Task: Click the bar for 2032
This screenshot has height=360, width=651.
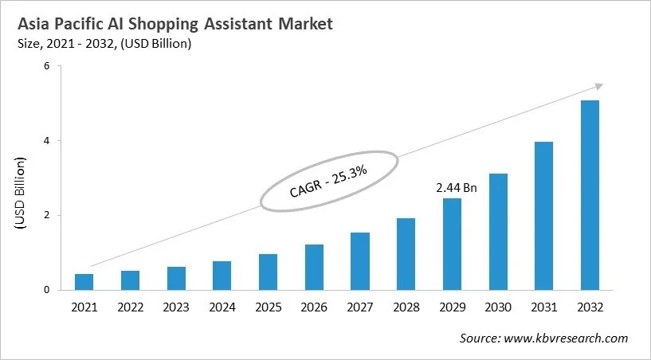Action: (x=590, y=195)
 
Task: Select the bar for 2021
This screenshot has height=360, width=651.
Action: (x=84, y=282)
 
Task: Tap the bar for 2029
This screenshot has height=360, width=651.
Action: (x=452, y=244)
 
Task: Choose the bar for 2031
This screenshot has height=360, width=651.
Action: (x=543, y=216)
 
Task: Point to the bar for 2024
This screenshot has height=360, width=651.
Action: (x=222, y=276)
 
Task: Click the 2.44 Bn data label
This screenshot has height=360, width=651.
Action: (x=457, y=188)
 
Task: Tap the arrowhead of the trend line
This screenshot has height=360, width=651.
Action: (x=599, y=86)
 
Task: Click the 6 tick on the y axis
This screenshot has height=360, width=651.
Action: (x=46, y=66)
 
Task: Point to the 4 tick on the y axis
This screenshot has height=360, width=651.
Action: (x=46, y=141)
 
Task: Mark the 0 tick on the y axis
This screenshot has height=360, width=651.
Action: (x=46, y=290)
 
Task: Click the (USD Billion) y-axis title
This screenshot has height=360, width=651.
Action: (x=20, y=194)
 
